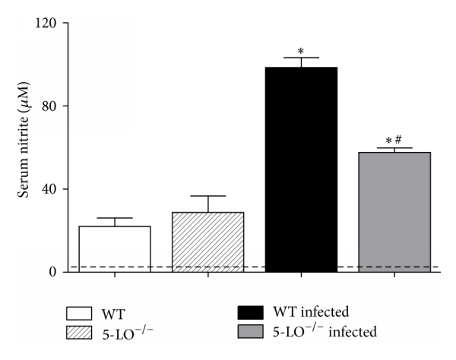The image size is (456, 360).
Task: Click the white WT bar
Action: (115, 248)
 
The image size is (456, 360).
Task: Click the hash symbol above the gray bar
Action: (399, 140)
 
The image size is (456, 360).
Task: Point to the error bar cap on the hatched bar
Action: (207, 196)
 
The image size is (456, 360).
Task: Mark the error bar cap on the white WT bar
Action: (115, 218)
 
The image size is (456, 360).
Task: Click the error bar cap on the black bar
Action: (301, 58)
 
